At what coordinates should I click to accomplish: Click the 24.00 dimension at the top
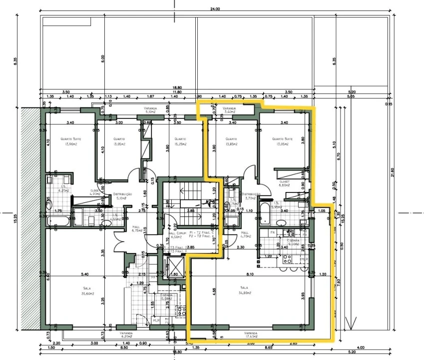tap(215, 9)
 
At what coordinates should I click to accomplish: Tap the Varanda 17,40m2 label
tap(250, 335)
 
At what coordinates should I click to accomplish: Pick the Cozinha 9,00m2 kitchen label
tap(294, 242)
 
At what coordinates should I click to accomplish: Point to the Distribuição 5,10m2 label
tap(122, 196)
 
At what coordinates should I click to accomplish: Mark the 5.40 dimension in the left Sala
tap(84, 274)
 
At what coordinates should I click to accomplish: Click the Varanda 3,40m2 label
tap(229, 110)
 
